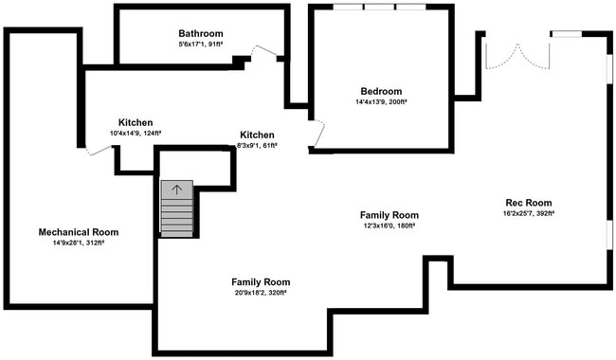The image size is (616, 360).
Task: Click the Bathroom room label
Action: click(201, 33)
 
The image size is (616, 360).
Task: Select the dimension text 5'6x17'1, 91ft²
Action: click(201, 45)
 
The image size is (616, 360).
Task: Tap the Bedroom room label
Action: click(381, 91)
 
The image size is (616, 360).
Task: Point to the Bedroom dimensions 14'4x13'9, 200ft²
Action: click(381, 102)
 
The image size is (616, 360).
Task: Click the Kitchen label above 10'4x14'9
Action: click(136, 122)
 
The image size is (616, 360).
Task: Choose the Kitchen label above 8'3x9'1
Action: click(257, 135)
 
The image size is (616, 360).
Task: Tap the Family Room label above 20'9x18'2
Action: click(261, 282)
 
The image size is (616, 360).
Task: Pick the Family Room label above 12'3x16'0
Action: click(389, 215)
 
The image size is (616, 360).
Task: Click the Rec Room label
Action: click(529, 203)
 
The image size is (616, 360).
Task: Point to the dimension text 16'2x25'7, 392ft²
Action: click(529, 214)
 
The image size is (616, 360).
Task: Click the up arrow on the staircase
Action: click(176, 189)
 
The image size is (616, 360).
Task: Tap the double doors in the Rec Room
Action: click(517, 54)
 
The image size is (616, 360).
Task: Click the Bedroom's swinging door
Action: click(317, 135)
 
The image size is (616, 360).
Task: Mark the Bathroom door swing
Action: click(264, 54)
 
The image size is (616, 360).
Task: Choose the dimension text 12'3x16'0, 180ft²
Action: click(389, 226)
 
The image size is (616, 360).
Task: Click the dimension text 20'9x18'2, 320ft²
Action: click(261, 294)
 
